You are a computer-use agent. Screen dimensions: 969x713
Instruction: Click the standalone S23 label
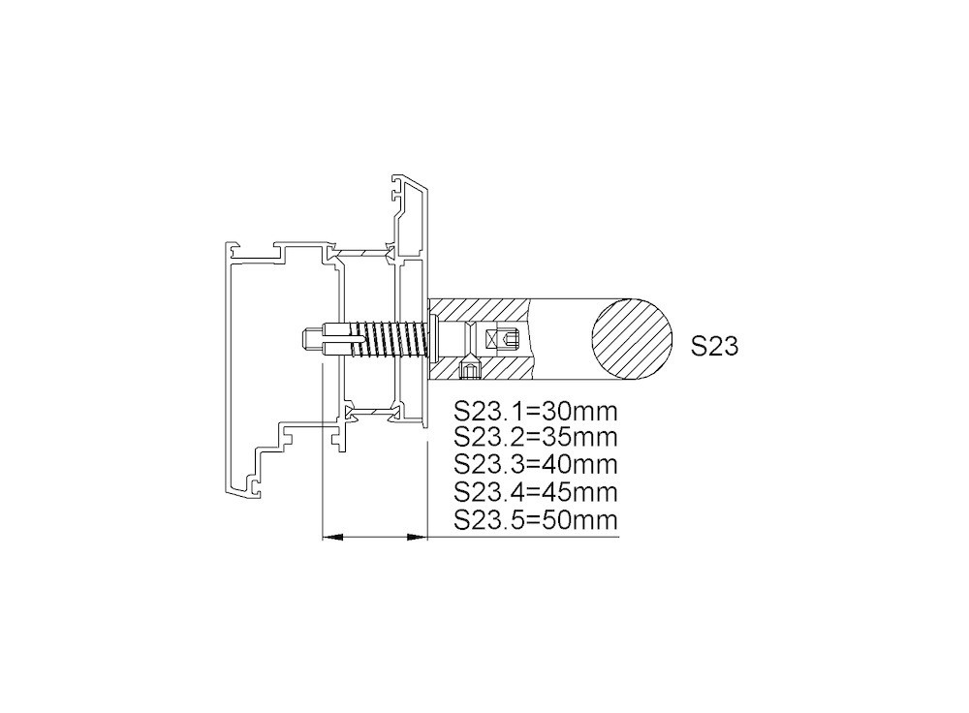pos(714,346)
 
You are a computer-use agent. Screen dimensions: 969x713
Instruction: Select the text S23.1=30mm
pos(536,410)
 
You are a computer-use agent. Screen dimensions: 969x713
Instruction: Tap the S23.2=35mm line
pos(536,437)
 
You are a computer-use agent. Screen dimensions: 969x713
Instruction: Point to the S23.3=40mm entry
pos(536,464)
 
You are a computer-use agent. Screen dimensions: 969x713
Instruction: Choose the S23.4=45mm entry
pos(536,492)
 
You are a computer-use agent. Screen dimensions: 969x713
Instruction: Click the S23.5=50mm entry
pos(536,519)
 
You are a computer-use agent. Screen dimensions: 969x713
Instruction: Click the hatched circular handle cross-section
pos(632,339)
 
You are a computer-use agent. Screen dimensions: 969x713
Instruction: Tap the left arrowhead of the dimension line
pos(332,538)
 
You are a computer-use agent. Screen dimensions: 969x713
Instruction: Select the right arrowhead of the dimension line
pos(417,538)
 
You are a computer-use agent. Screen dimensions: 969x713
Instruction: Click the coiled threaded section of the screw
pos(390,339)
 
